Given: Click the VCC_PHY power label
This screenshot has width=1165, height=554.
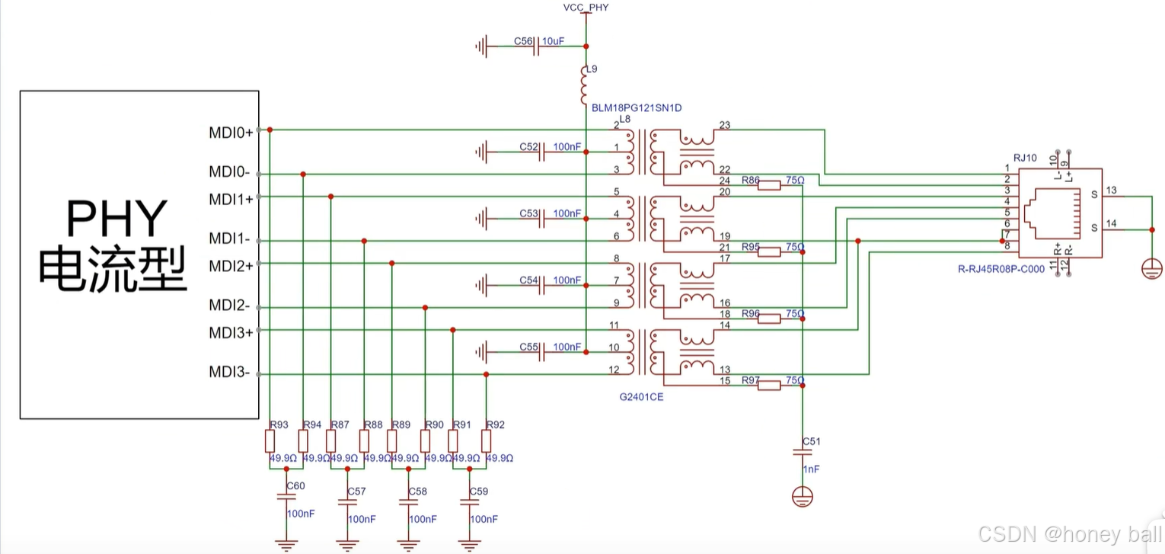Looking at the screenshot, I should tap(586, 8).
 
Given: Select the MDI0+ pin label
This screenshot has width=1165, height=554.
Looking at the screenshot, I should tap(231, 133).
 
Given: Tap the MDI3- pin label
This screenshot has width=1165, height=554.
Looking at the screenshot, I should tap(230, 373).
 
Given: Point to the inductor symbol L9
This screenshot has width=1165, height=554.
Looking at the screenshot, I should tap(586, 84).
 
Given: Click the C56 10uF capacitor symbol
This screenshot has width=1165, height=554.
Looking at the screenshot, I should tap(538, 46).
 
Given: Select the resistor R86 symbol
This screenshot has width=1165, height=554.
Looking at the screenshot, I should tap(769, 184).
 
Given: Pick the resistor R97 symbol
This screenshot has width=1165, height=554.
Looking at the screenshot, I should tap(769, 386).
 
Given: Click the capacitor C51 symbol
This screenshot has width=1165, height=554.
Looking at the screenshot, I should tap(803, 452).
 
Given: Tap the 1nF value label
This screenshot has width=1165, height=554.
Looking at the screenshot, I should tap(811, 469).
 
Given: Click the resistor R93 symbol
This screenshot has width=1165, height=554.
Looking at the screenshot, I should tap(270, 441).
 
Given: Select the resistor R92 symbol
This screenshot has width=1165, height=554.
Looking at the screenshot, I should tap(487, 441).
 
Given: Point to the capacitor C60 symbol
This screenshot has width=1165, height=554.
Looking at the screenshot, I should tap(286, 496).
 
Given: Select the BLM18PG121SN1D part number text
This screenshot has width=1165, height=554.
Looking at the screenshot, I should tap(637, 108).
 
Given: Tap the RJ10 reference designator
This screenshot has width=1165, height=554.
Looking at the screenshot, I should tap(1025, 158).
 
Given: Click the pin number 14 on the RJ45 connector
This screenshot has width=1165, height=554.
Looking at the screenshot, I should tap(1111, 223).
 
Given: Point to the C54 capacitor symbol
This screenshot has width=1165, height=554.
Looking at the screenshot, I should tap(541, 286).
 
